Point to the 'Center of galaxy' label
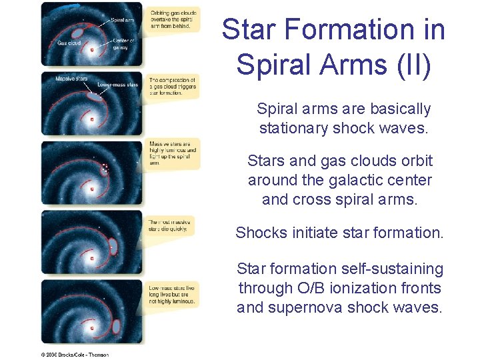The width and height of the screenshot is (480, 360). pyautogui.click(x=123, y=45)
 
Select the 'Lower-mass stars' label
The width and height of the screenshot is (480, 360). pyautogui.click(x=118, y=85)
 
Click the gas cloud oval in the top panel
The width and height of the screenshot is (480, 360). pyautogui.click(x=79, y=31)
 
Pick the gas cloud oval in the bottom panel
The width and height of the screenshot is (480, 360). pyautogui.click(x=117, y=327)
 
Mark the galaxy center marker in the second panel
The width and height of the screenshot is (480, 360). pyautogui.click(x=92, y=120)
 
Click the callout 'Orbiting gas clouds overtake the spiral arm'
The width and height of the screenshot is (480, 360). pyautogui.click(x=173, y=19)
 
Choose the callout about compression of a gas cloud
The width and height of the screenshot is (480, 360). pyautogui.click(x=172, y=87)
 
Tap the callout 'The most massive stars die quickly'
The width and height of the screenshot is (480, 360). pyautogui.click(x=171, y=225)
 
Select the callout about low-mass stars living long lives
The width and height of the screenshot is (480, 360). pyautogui.click(x=172, y=293)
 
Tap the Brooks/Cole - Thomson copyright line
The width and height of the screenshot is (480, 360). pyautogui.click(x=75, y=355)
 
